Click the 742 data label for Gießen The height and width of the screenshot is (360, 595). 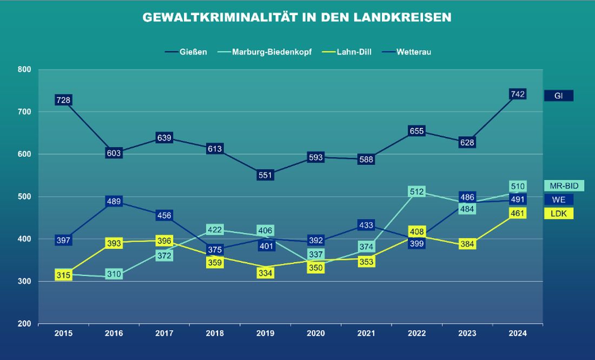coord(518,94)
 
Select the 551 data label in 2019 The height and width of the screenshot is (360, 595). coord(265,175)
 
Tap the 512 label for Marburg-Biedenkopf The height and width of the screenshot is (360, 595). coord(416,192)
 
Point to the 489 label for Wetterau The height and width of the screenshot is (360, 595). coord(114,202)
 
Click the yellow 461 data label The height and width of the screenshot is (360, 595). coord(518,213)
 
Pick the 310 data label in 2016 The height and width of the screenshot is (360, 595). coord(114,274)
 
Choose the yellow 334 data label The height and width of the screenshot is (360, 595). coord(265,272)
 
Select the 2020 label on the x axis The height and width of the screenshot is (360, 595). coord(316,334)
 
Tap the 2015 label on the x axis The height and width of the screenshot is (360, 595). coord(63,334)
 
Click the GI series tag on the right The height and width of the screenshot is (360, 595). coord(558,96)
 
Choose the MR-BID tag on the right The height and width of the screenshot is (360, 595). coord(564,186)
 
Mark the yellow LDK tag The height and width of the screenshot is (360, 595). coord(558,214)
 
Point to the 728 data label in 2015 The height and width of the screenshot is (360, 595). coord(63,100)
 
